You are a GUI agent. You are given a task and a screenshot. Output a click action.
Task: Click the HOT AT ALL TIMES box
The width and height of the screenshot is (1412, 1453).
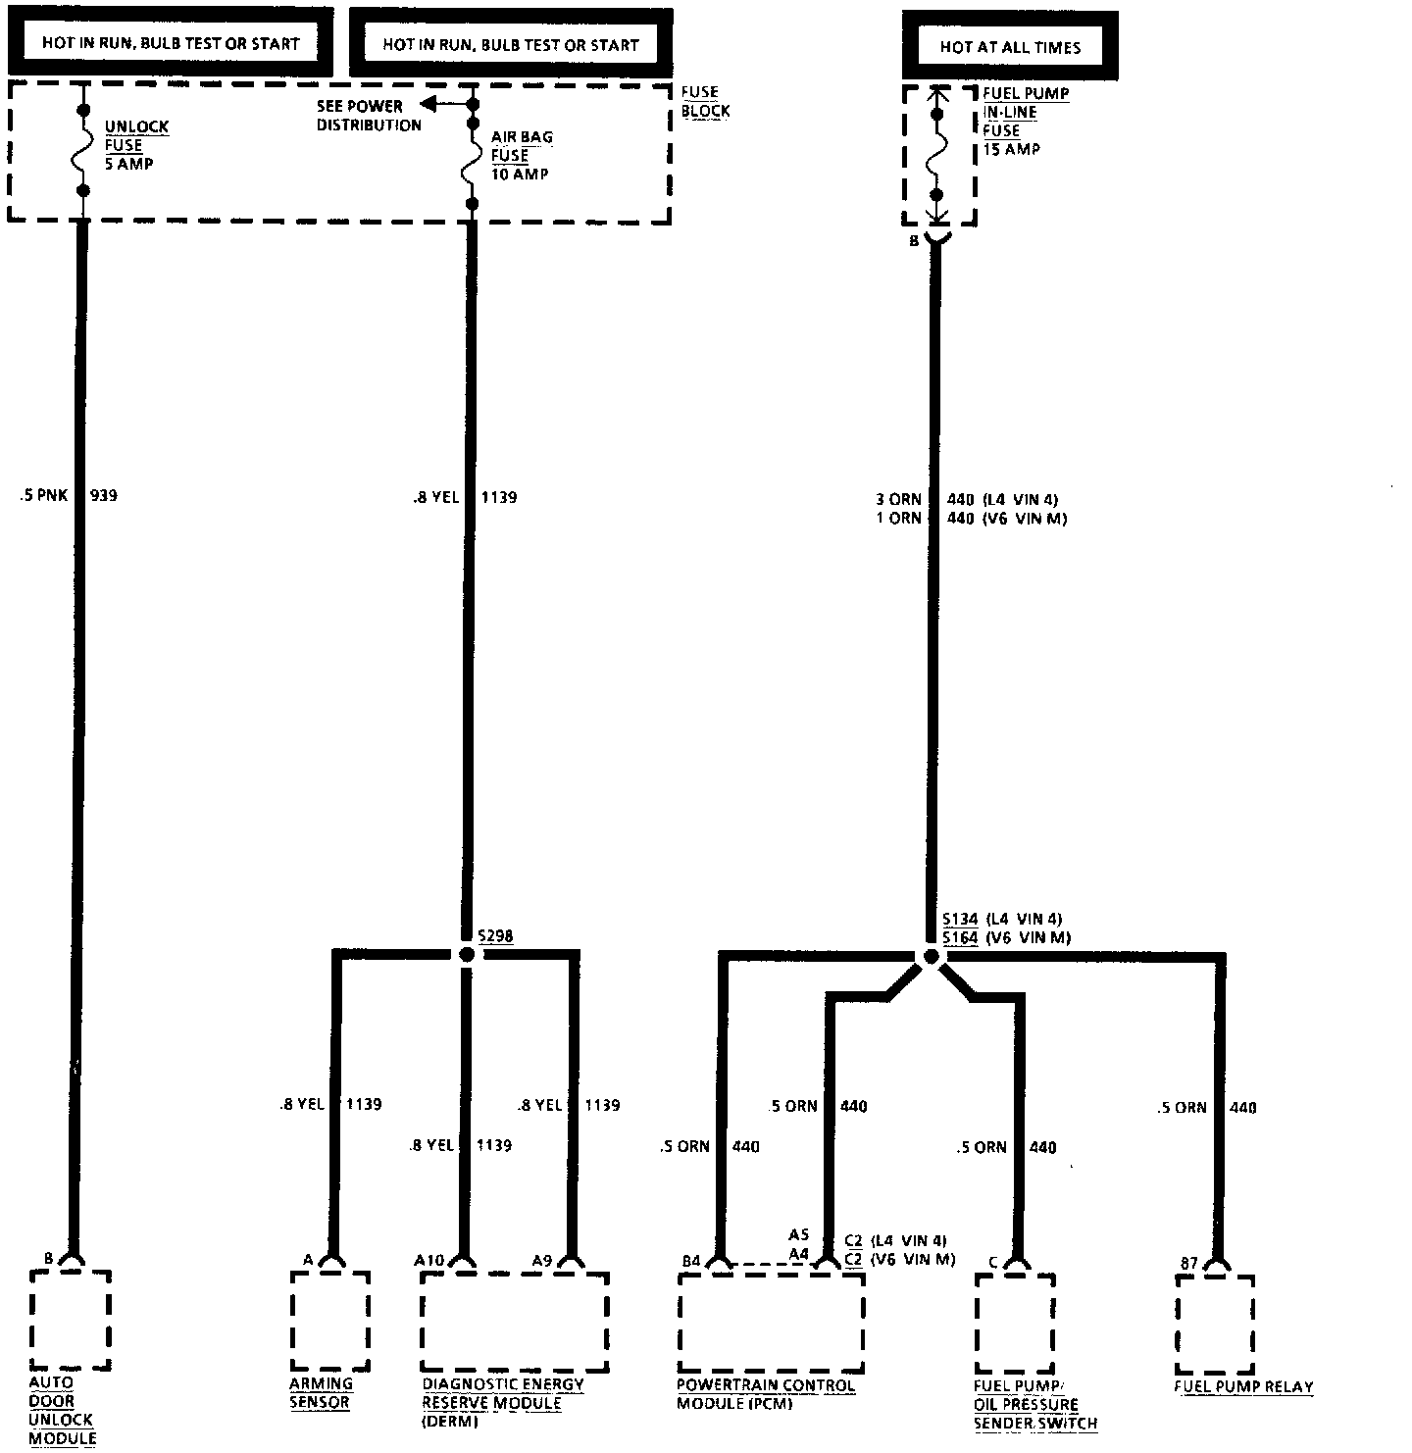coord(1010,46)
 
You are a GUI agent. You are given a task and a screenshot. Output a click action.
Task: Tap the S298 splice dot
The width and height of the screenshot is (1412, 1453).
coord(467,953)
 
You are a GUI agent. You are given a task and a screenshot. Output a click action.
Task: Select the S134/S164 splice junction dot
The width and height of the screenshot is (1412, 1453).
coord(929,957)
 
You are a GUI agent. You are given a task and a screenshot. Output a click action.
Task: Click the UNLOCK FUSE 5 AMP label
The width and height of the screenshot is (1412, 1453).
coord(136,145)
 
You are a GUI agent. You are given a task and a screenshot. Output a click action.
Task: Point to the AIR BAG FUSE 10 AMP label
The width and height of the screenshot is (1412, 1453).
coord(523,155)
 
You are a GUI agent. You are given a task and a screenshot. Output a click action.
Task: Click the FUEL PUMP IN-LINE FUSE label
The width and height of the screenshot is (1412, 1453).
coord(1025,121)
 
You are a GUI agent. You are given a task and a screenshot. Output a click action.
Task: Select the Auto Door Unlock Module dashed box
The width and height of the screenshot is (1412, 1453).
coord(70,1320)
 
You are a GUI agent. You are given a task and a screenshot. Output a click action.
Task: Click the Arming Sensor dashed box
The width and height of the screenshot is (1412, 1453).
coord(330,1322)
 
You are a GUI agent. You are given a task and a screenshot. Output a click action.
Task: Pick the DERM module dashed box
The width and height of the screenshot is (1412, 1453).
coord(515,1322)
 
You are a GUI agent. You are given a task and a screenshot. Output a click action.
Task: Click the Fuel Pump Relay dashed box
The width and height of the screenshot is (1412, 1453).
coord(1215,1324)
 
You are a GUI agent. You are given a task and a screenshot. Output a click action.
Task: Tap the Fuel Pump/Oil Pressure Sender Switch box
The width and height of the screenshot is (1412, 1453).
coord(1015,1324)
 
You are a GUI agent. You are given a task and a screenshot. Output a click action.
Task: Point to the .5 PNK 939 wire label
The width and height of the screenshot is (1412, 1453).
coord(69,496)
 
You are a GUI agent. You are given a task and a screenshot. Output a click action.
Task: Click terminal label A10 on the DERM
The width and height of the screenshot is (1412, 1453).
coord(429,1260)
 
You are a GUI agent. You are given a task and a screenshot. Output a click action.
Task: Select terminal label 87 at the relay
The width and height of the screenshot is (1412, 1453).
coord(1188,1264)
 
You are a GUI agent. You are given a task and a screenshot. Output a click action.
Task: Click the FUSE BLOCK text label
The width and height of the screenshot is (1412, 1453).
coord(705,102)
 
